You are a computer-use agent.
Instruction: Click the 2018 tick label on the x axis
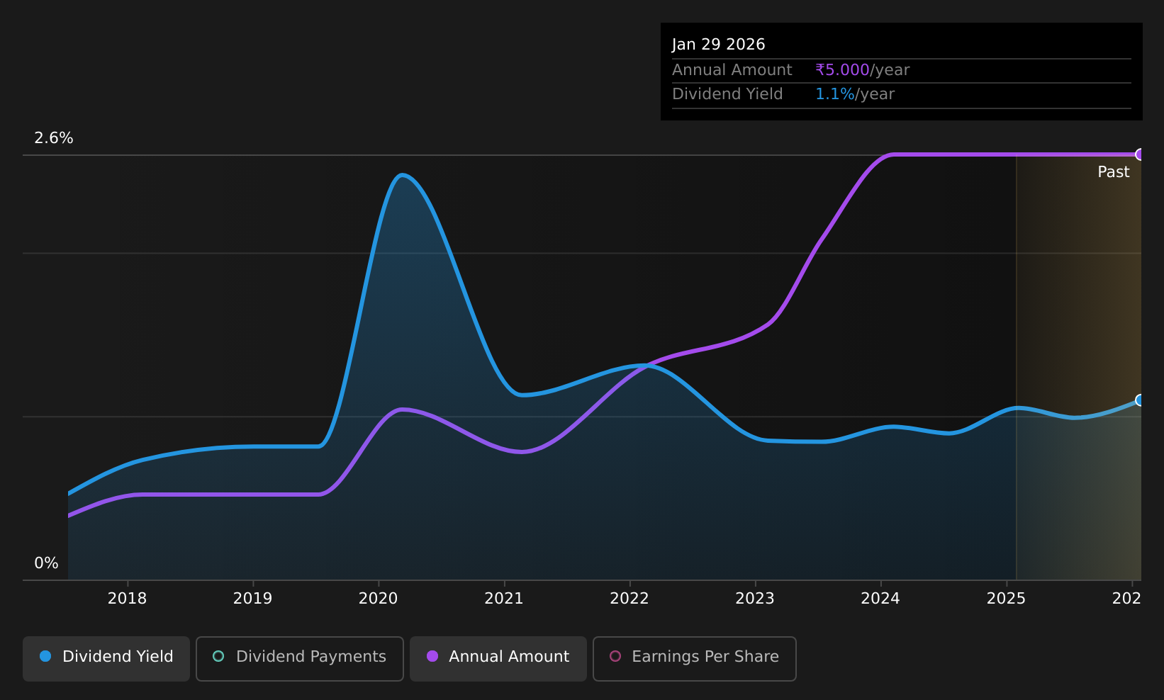point(128,599)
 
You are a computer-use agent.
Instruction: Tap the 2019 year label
point(252,599)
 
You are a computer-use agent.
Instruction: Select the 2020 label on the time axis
point(379,599)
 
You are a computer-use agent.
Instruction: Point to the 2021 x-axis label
point(504,599)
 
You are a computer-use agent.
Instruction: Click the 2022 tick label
point(629,599)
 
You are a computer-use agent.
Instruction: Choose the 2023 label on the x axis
point(755,599)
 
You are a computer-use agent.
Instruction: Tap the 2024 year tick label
point(880,599)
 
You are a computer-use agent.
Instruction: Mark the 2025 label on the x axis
point(1006,599)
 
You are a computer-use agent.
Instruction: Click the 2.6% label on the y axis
point(54,138)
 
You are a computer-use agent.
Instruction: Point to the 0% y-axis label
point(46,563)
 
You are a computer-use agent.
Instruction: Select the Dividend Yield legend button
point(106,658)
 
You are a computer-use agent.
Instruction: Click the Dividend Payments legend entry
point(300,658)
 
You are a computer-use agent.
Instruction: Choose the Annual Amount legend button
point(498,658)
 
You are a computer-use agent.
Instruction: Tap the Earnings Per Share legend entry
point(695,658)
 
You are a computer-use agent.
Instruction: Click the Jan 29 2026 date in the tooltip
point(719,45)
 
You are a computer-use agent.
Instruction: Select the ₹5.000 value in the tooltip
point(842,70)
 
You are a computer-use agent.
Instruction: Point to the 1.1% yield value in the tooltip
point(834,94)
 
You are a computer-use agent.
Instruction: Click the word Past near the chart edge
point(1113,172)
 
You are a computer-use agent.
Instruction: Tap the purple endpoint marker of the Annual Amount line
point(1140,154)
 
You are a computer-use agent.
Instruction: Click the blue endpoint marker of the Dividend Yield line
point(1140,400)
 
